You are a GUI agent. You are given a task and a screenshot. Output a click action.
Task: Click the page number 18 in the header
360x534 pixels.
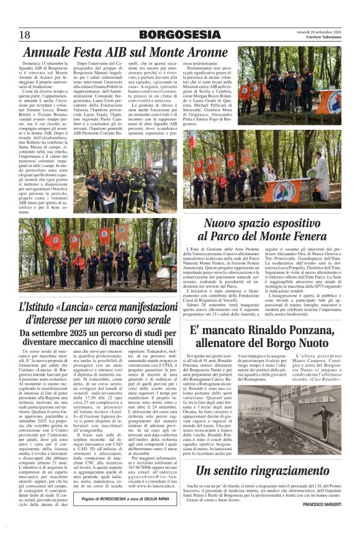coord(25,35)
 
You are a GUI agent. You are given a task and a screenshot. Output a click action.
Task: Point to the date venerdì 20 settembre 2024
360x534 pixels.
coord(318,32)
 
